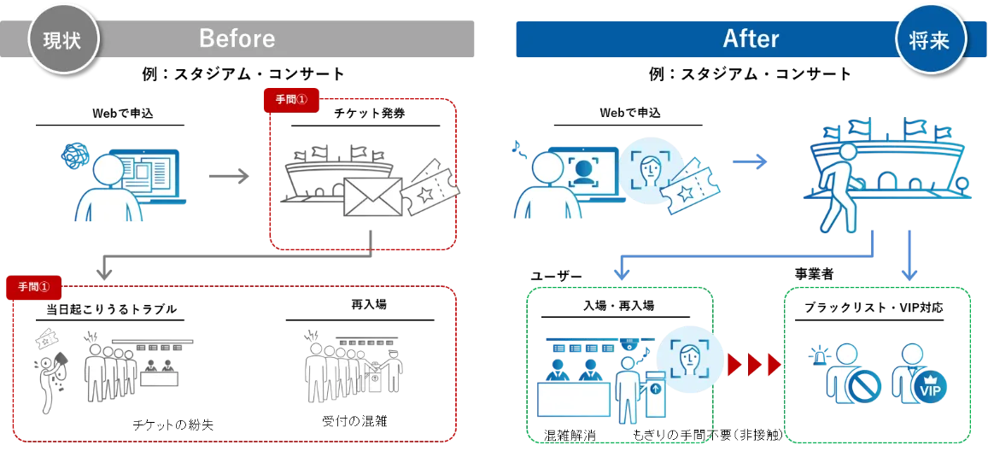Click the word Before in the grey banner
coord(237,39)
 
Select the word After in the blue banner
coord(751,39)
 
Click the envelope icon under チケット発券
coord(373,196)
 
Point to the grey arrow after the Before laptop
coord(229,176)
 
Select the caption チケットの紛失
coord(173,425)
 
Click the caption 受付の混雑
coord(354,420)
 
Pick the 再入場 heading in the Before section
coord(369,304)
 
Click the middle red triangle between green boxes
coord(754,366)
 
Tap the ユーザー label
coord(557,275)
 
